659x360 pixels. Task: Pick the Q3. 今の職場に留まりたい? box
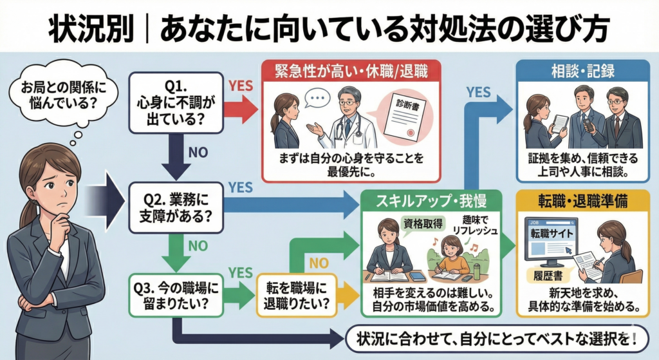(176, 292)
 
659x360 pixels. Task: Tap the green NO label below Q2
(197, 245)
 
